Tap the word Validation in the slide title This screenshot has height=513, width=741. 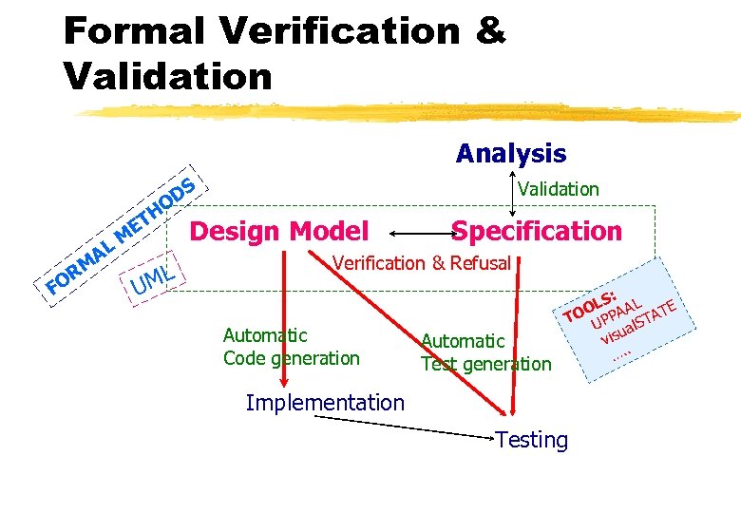coord(167,75)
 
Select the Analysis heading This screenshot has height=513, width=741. coord(510,153)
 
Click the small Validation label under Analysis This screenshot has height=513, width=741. coord(559,189)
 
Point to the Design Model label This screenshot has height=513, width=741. coord(279,231)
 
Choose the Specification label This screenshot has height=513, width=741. coord(537,231)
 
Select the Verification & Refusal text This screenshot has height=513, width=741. coord(421,263)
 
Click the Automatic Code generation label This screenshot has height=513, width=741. coord(291,347)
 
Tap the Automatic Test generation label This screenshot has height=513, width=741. coord(485,352)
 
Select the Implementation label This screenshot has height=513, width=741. coord(325,403)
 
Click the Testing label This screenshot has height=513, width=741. coord(531,440)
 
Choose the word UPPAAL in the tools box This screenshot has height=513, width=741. coord(618,313)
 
